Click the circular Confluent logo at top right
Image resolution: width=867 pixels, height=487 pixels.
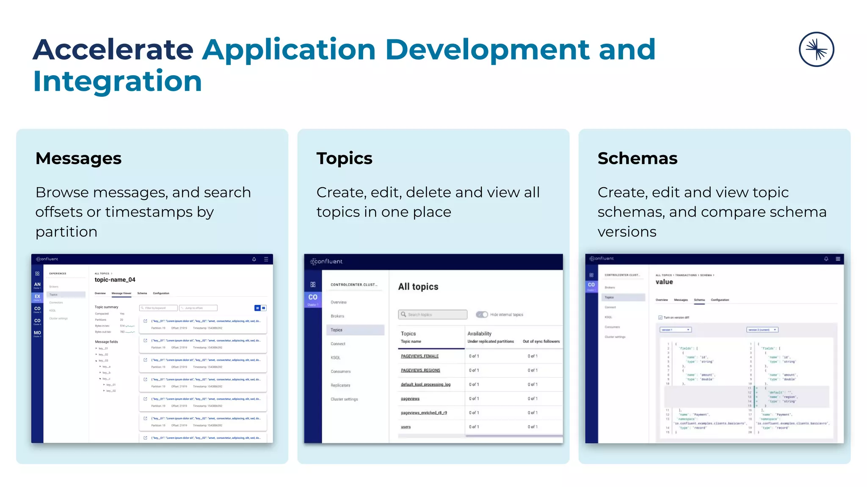click(x=816, y=49)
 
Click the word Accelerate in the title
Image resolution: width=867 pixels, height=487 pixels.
click(x=113, y=49)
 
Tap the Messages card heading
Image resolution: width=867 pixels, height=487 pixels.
click(x=78, y=159)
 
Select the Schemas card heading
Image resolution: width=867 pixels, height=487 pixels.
click(x=637, y=159)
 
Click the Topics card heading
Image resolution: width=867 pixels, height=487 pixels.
click(x=344, y=159)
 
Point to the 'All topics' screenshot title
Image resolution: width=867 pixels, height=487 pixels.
click(x=418, y=287)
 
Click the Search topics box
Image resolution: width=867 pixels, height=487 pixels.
click(x=433, y=315)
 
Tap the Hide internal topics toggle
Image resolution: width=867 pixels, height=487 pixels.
click(x=482, y=315)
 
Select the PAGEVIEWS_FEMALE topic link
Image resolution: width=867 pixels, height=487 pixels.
click(x=420, y=356)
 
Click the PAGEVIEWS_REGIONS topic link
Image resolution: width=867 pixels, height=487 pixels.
click(x=420, y=370)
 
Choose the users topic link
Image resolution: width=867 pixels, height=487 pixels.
click(x=406, y=427)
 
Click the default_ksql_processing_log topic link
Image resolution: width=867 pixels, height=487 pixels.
click(x=425, y=384)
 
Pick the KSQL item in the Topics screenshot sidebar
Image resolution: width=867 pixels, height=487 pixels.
click(x=335, y=358)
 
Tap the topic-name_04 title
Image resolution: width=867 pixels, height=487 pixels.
click(x=115, y=280)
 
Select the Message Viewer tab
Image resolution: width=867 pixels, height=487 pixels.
click(x=121, y=293)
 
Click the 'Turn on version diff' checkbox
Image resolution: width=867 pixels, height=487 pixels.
click(x=660, y=317)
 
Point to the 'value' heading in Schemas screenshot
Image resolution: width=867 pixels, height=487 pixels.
click(x=664, y=282)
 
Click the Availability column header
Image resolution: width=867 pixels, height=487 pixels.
click(x=479, y=334)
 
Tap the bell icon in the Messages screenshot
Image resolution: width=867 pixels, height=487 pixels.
click(x=254, y=259)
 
